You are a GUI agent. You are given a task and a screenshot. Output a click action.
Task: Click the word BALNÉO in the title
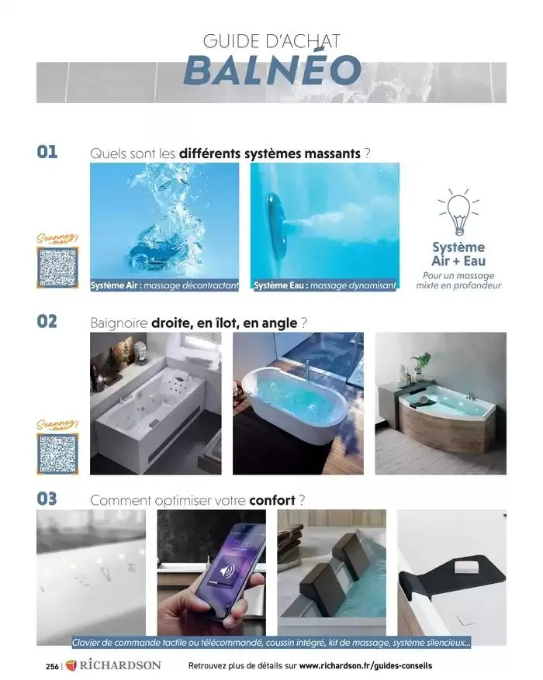(271, 70)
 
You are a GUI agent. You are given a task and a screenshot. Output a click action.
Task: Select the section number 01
(47, 151)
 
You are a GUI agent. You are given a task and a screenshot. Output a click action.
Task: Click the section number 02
(47, 321)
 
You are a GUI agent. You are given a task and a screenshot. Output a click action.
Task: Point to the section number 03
(47, 499)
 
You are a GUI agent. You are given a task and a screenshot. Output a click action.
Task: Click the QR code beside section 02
(57, 453)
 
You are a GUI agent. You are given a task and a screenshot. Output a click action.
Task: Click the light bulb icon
(458, 213)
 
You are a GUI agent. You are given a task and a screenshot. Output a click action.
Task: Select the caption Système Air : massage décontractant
(164, 285)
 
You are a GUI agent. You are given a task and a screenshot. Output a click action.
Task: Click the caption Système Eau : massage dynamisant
(324, 285)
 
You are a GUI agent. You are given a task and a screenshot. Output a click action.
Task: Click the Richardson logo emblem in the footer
(71, 665)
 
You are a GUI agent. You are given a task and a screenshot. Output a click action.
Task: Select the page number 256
(52, 665)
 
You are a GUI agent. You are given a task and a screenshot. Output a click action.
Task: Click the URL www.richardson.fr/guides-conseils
(365, 665)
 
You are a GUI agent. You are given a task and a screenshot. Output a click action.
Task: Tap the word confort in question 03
(273, 499)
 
